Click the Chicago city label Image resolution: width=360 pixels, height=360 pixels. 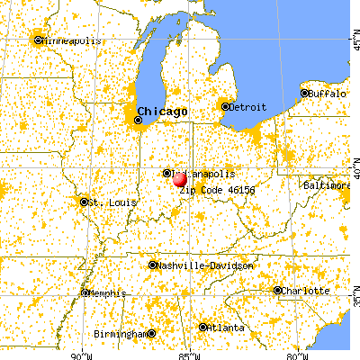tap(163, 111)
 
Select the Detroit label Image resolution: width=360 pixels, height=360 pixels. tap(248, 107)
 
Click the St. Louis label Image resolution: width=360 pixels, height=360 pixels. tap(112, 202)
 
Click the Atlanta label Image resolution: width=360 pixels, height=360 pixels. tap(224, 328)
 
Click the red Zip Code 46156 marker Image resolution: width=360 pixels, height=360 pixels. tap(179, 179)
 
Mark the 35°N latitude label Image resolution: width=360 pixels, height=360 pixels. tap(354, 292)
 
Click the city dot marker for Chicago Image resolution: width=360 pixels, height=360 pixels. tap(139, 119)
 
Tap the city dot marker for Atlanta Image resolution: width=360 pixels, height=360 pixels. tap(203, 328)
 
